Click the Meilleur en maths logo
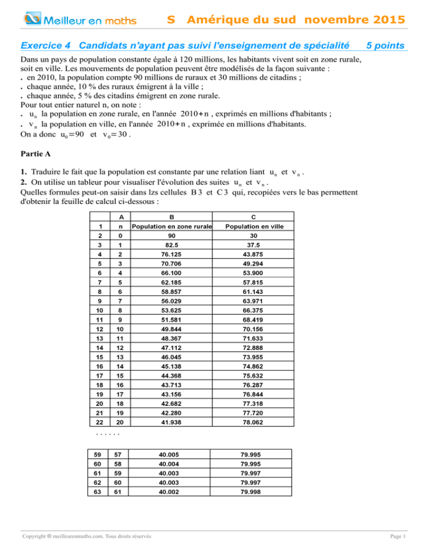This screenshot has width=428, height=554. (x=81, y=21)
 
